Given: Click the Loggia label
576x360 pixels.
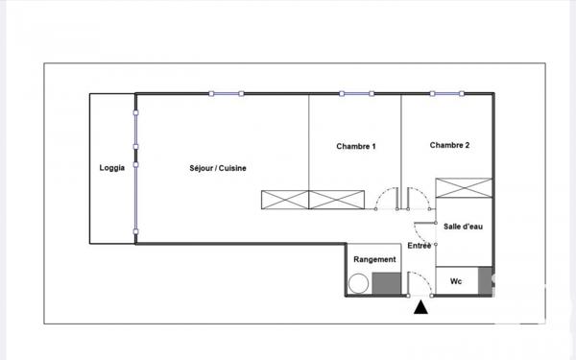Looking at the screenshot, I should (111, 168).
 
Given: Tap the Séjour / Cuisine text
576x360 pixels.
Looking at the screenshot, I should (218, 168).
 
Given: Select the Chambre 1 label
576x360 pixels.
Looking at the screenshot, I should (355, 146).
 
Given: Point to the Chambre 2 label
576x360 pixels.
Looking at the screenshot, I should (449, 146).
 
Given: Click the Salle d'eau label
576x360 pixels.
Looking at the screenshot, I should (463, 227).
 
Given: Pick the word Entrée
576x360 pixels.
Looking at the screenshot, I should (420, 247).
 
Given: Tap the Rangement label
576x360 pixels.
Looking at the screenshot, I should (374, 259).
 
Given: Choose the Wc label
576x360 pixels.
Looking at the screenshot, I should (456, 282).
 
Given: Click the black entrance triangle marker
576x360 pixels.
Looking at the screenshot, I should (420, 307).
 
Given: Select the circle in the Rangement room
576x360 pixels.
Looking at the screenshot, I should (359, 284).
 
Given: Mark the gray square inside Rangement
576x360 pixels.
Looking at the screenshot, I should (385, 284).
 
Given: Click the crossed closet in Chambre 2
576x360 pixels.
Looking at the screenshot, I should (464, 188).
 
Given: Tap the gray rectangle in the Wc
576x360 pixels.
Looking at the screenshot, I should (486, 279).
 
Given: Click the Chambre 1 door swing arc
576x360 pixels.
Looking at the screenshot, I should (385, 198).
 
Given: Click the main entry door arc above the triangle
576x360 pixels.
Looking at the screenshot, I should (420, 282).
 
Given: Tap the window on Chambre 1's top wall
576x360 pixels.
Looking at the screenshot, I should (356, 94).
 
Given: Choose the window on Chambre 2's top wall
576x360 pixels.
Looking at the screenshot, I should (449, 94).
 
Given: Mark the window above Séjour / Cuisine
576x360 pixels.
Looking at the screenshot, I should (226, 94).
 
